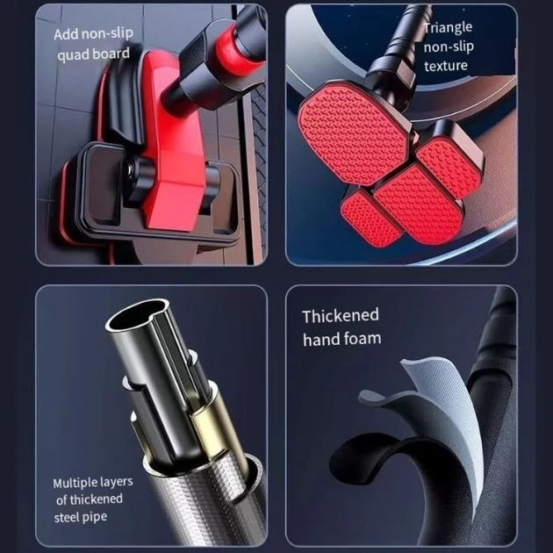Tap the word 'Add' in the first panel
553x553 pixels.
pyautogui.click(x=66, y=34)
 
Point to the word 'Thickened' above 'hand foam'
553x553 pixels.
pyautogui.click(x=341, y=316)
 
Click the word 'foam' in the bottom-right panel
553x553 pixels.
pyautogui.click(x=361, y=338)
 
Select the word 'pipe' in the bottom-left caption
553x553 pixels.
pyautogui.click(x=93, y=517)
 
